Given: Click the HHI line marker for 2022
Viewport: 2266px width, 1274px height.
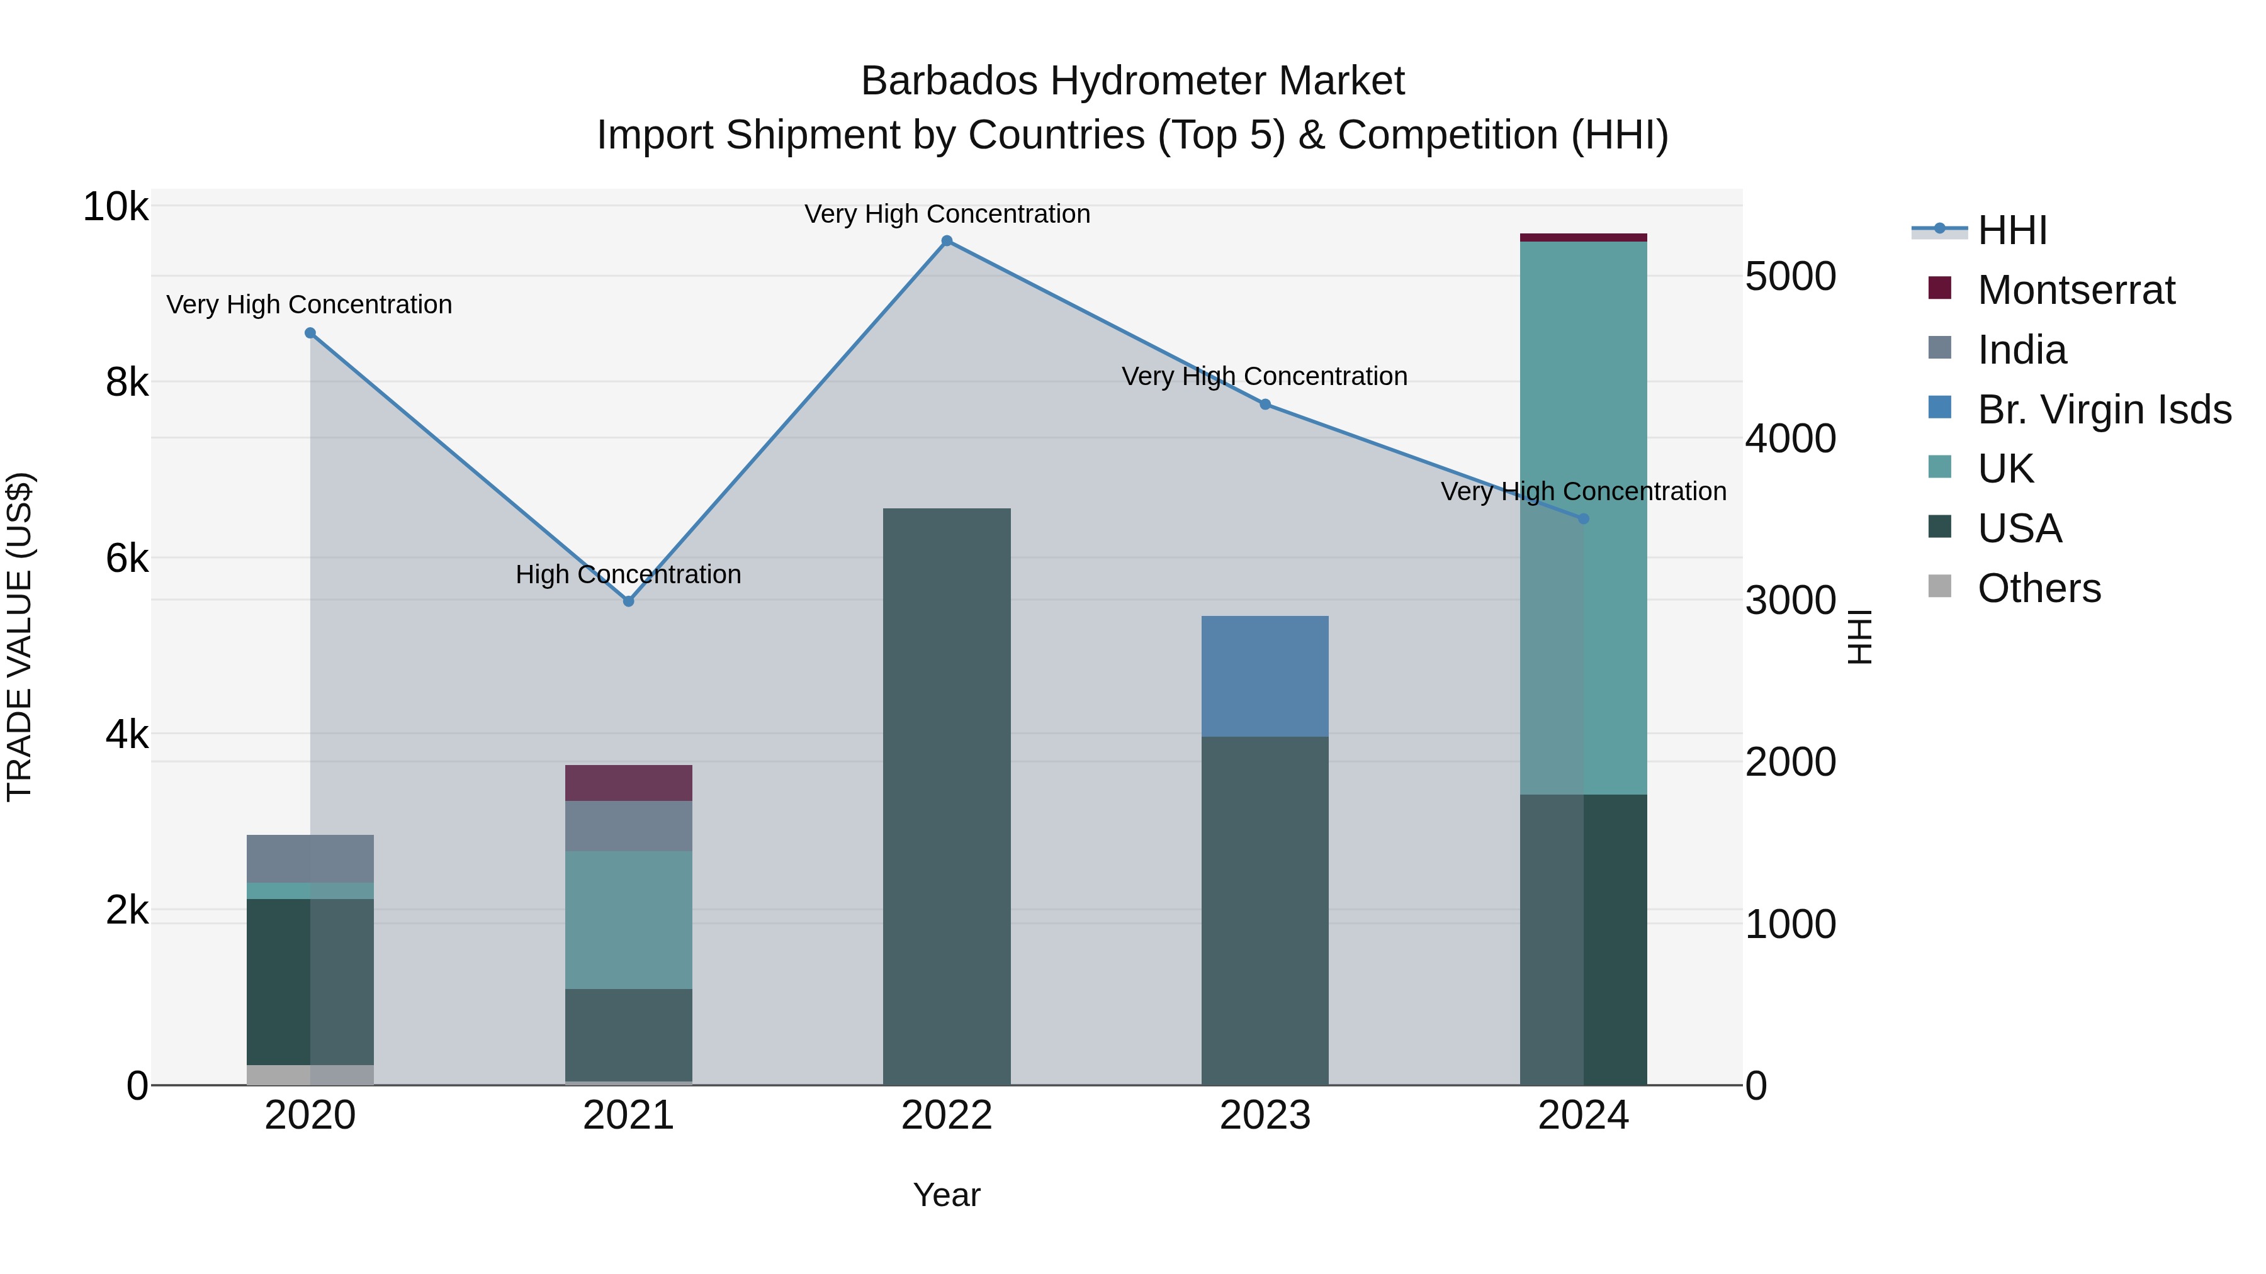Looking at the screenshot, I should click(947, 241).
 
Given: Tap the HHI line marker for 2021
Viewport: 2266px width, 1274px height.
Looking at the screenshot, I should click(628, 601).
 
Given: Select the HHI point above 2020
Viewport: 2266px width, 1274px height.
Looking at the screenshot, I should click(310, 333).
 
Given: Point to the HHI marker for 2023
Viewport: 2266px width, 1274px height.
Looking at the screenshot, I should click(1265, 405).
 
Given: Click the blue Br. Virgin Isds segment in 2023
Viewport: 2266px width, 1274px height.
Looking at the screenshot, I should click(1265, 676).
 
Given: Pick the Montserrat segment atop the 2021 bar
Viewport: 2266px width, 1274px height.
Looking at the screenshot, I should click(628, 783).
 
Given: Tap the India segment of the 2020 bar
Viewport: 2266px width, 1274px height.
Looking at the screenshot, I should click(310, 858).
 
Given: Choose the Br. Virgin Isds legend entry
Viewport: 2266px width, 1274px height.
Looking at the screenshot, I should click(2103, 410).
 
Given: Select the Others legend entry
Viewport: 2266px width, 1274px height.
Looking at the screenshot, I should click(2038, 588).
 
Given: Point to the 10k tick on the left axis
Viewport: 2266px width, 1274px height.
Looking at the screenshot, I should click(115, 208).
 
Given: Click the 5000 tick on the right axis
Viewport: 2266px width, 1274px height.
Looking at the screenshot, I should click(1790, 276).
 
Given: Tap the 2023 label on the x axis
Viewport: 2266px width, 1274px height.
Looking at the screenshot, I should click(1265, 1115).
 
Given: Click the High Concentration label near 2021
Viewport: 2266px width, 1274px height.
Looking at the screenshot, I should click(628, 574).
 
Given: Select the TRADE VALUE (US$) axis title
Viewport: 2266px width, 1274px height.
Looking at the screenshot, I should click(20, 637).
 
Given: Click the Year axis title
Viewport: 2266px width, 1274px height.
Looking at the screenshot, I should click(947, 1195).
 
